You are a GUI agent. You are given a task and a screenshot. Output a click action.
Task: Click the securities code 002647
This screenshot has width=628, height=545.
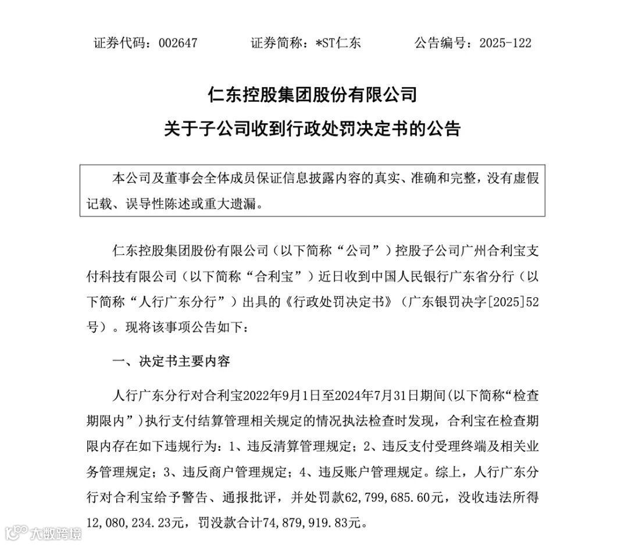point(177,43)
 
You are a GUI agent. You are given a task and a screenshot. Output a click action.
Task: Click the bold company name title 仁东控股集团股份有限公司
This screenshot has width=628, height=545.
point(313,95)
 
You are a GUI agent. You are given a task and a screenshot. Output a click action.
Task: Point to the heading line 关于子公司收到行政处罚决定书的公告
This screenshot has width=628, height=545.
point(313,129)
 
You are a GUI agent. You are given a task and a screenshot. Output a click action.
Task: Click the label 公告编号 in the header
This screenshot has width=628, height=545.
point(438,43)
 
